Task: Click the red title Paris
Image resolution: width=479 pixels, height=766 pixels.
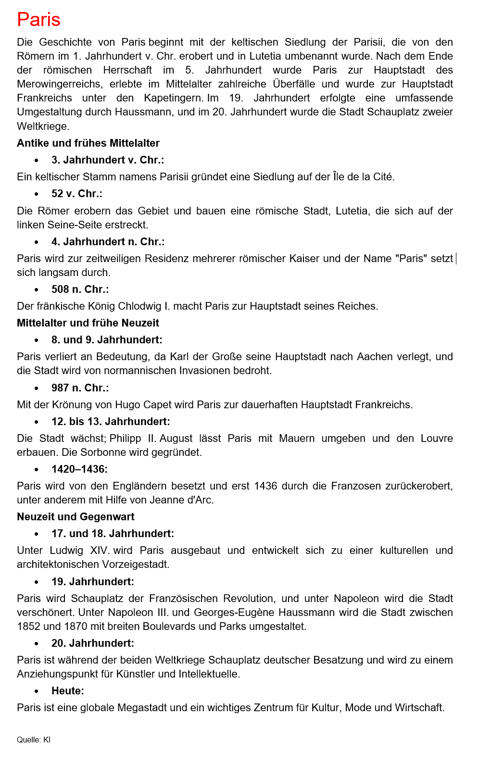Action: pyautogui.click(x=38, y=20)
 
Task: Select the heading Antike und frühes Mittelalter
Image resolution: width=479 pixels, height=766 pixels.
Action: pyautogui.click(x=88, y=143)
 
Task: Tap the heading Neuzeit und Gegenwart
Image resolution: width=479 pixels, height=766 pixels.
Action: pyautogui.click(x=76, y=517)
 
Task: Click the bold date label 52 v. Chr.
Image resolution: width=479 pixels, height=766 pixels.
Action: pyautogui.click(x=76, y=194)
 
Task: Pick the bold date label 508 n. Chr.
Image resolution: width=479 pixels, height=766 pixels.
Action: pyautogui.click(x=80, y=289)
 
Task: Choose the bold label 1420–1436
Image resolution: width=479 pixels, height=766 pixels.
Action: pyautogui.click(x=79, y=469)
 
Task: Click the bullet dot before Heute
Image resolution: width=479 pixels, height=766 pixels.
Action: pyautogui.click(x=37, y=691)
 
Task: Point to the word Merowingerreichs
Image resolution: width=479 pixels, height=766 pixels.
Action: pyautogui.click(x=60, y=84)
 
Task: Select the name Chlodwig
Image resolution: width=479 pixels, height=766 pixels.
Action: pyautogui.click(x=143, y=306)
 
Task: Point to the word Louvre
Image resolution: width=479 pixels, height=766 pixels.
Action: pyautogui.click(x=437, y=439)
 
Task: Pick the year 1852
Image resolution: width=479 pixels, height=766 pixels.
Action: pyautogui.click(x=29, y=627)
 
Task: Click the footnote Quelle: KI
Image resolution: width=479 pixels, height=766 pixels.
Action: pyautogui.click(x=34, y=740)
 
